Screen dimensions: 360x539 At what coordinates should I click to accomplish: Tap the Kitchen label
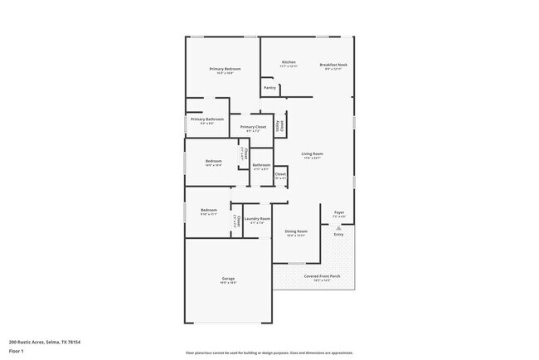(289, 62)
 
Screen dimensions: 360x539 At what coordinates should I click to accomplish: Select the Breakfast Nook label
(333, 64)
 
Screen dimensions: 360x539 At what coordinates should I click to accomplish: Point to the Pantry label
(269, 87)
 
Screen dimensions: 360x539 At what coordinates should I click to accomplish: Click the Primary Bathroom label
(207, 119)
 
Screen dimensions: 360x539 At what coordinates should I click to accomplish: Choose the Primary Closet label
(254, 127)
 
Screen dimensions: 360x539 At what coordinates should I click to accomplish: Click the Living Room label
(312, 154)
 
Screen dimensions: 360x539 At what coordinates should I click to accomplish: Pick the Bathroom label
(261, 165)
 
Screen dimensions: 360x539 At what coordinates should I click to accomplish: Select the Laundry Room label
(257, 219)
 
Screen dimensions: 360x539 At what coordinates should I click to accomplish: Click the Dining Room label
(296, 231)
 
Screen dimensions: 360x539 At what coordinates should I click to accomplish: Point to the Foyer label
(338, 212)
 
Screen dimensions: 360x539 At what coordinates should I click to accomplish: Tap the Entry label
(338, 235)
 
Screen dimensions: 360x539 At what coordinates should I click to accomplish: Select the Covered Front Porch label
(322, 276)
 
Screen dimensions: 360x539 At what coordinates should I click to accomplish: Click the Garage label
(228, 278)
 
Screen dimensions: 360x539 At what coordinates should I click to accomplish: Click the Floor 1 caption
(17, 350)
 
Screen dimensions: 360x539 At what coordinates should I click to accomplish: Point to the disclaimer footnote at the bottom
(269, 353)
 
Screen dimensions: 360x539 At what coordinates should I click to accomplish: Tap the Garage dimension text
(228, 283)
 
